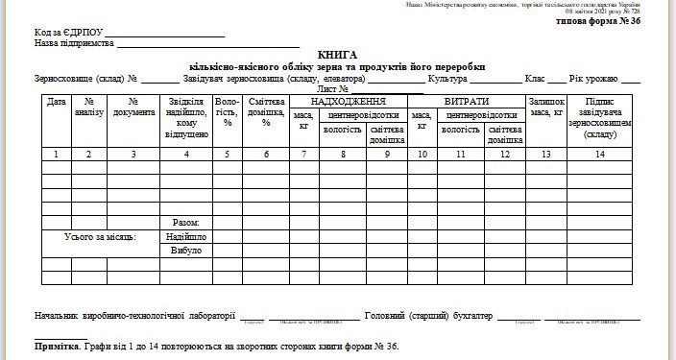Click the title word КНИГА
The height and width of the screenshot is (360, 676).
coord(338,57)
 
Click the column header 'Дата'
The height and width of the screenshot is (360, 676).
coord(56,101)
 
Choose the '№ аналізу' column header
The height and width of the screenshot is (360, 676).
coord(88,107)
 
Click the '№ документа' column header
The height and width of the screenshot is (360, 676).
coord(133,107)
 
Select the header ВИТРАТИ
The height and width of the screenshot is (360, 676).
coord(467,101)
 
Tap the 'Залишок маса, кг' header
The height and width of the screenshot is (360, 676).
coord(545,107)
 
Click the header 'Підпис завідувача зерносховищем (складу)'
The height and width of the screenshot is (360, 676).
coord(599,117)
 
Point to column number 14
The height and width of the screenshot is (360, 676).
coord(599,154)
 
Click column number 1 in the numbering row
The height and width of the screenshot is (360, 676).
coord(56,154)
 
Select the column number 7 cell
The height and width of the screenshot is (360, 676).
coord(303,154)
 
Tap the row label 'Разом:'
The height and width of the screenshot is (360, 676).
coord(186,222)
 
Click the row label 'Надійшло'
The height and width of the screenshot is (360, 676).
coord(186,236)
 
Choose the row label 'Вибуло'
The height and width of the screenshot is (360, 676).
coord(186,251)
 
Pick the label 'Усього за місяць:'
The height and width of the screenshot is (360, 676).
coord(100,236)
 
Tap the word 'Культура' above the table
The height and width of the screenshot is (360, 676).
coord(447,79)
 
